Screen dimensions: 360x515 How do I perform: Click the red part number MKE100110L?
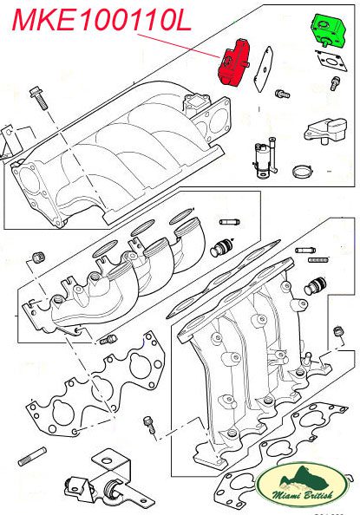tap(101, 20)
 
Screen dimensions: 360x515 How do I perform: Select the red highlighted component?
tap(232, 62)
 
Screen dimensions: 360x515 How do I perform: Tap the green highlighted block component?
tap(327, 30)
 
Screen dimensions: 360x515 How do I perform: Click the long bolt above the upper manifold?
tap(39, 98)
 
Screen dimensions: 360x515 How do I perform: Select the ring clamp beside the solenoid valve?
tap(303, 171)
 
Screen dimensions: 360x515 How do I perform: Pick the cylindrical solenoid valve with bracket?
tap(265, 157)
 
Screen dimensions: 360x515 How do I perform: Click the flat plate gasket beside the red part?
tap(263, 69)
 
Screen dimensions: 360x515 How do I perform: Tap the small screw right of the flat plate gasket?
tap(283, 95)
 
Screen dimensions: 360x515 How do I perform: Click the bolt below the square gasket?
tap(335, 83)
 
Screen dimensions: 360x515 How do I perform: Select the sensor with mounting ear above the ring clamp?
tap(325, 131)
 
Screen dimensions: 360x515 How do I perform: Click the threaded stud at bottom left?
tap(32, 456)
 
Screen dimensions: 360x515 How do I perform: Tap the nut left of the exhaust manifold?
tap(39, 257)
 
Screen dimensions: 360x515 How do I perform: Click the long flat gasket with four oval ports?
tap(223, 279)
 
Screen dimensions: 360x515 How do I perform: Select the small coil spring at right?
tap(319, 260)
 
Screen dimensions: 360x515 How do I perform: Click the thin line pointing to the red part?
tap(179, 46)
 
